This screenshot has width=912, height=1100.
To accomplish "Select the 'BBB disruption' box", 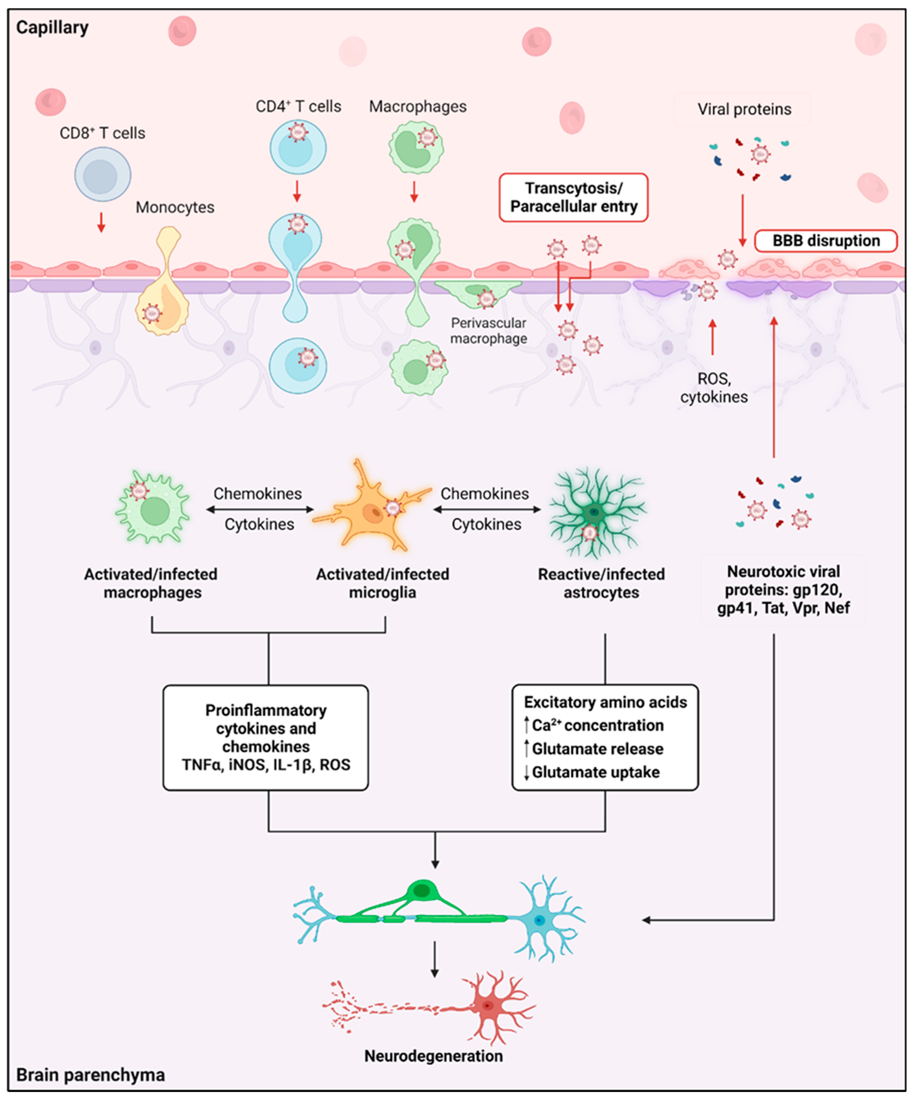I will click(826, 241).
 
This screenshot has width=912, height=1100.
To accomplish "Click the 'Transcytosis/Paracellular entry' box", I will click(574, 198).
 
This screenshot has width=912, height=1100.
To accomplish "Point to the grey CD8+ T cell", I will click(103, 174).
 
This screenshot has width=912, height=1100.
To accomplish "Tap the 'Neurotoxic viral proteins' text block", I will click(783, 590).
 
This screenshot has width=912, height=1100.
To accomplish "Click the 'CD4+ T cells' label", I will click(298, 106).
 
